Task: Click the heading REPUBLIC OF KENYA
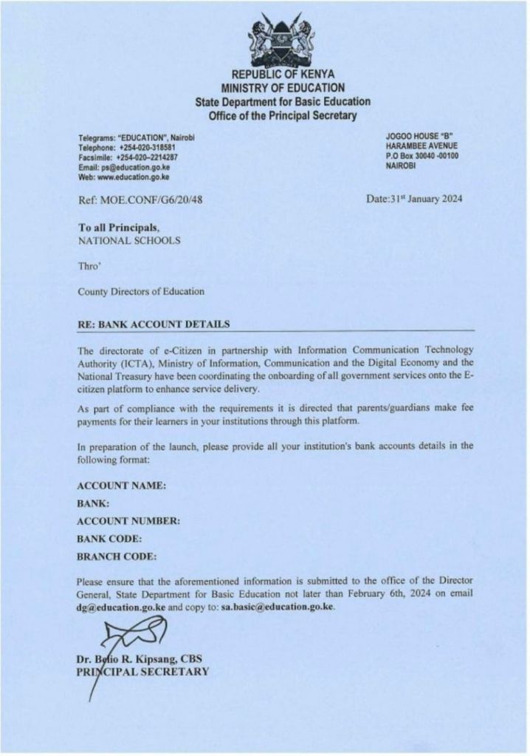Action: click(x=283, y=75)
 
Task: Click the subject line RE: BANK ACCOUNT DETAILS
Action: click(x=154, y=324)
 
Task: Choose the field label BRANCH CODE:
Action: click(x=117, y=556)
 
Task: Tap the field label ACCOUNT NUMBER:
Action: click(x=128, y=521)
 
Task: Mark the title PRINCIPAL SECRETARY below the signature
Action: click(x=143, y=671)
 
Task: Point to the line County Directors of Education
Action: click(x=141, y=291)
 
